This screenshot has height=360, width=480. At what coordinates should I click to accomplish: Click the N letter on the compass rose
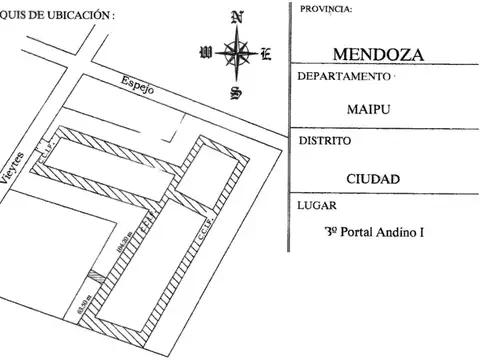click(x=236, y=17)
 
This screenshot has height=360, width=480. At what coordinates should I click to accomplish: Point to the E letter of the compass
click(x=266, y=53)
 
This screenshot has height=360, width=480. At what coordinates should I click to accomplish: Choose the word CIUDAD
click(x=373, y=179)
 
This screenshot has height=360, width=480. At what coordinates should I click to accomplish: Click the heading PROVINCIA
click(x=325, y=9)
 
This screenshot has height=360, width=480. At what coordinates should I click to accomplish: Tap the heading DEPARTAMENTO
click(x=343, y=77)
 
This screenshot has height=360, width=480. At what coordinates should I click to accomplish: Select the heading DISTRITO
click(x=324, y=142)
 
